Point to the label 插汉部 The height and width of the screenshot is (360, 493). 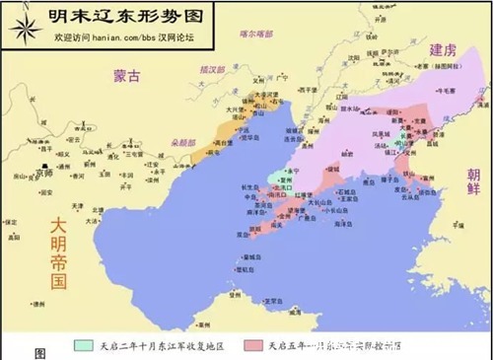[212, 71]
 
